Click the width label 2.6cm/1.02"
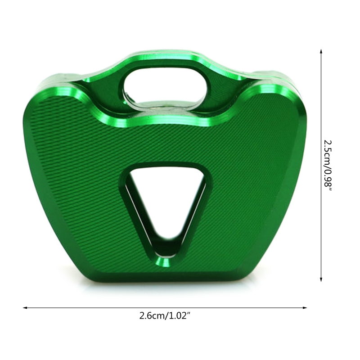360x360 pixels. pos(165,316)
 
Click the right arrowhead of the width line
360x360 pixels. pos(305,308)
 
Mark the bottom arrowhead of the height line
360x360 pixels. pos(321,279)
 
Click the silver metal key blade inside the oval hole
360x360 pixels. pos(161,104)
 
